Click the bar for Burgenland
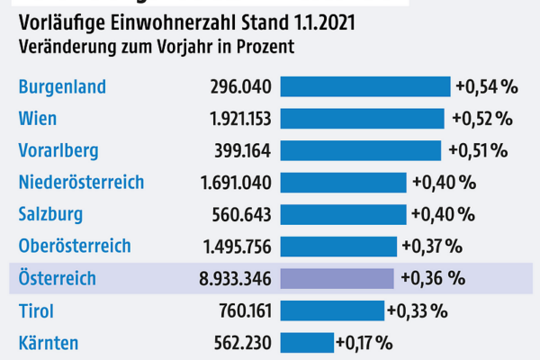(x=364, y=86)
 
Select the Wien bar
(x=362, y=119)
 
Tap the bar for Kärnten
(x=306, y=343)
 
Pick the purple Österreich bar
(x=337, y=279)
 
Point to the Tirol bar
(x=332, y=311)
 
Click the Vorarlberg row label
(x=58, y=150)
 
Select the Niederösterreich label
(x=81, y=182)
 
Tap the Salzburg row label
(x=50, y=214)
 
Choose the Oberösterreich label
(x=75, y=246)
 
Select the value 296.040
(x=237, y=87)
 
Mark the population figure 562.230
(x=237, y=343)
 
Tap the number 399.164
(x=237, y=150)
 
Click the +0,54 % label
(x=487, y=87)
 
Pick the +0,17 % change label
(x=364, y=343)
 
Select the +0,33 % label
(x=418, y=311)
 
